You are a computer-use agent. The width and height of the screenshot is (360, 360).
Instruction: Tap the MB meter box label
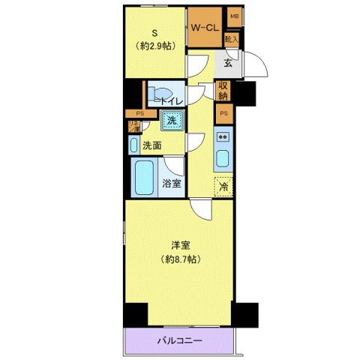(234, 16)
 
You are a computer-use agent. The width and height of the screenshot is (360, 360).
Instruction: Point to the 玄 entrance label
(227, 63)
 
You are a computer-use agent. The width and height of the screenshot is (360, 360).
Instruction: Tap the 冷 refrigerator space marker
(223, 186)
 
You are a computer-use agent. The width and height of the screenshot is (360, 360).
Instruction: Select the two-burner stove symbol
(223, 137)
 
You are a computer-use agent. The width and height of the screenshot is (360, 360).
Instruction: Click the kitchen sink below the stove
(223, 160)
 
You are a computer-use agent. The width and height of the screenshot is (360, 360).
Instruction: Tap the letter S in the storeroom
(155, 32)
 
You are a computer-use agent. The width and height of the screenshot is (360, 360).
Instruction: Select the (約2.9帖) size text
(155, 46)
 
